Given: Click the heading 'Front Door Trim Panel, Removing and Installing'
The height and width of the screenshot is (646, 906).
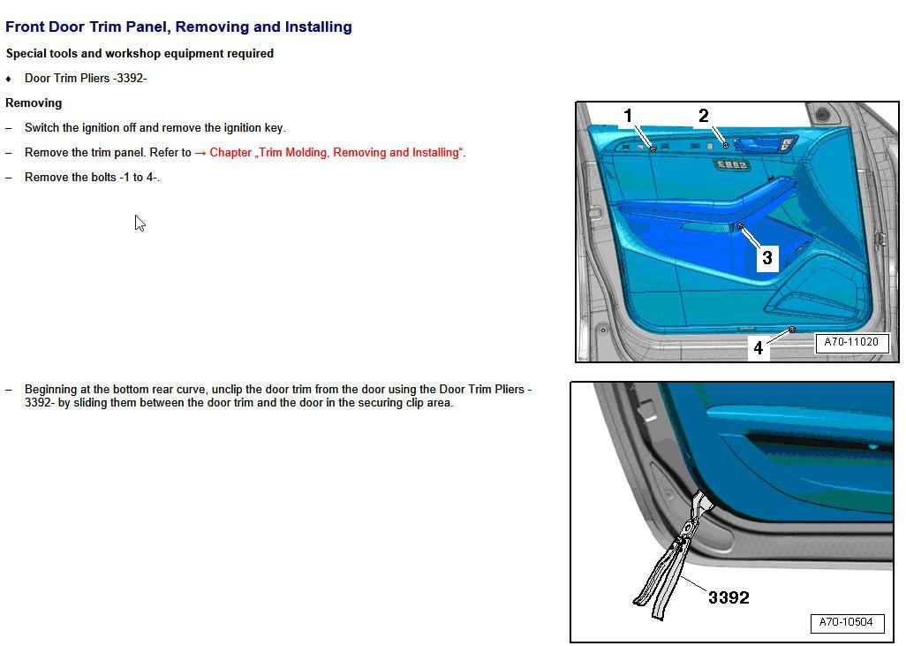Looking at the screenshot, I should [178, 27].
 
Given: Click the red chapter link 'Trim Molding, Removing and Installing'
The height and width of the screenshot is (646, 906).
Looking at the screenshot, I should [336, 153].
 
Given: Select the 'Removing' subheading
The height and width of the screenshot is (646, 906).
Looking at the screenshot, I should [34, 103].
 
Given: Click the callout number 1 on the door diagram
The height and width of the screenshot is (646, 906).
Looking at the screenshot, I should [628, 116].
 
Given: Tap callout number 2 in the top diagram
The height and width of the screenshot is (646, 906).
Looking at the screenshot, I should [703, 116].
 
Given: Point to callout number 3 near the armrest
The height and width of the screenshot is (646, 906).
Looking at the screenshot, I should [766, 257].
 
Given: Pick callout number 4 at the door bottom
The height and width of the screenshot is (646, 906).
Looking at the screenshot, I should [758, 348].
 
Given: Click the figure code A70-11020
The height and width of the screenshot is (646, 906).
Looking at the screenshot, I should [850, 343].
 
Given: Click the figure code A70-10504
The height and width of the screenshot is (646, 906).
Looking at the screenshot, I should [846, 622].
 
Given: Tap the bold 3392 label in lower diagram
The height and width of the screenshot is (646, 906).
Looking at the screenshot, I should [729, 598].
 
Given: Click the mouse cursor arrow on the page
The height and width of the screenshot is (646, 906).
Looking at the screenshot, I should [140, 223].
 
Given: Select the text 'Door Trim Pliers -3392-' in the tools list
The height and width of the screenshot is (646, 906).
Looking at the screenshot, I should [86, 79].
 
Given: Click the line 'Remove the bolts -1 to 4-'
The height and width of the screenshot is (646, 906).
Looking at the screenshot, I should [92, 178].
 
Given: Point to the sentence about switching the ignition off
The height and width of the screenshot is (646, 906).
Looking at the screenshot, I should [155, 128].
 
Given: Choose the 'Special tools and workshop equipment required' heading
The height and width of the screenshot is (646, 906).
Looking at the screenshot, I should [140, 54].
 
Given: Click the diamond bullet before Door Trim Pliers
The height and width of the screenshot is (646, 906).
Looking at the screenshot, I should [9, 79].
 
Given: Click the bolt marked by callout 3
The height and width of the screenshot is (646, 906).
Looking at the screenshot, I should [740, 227].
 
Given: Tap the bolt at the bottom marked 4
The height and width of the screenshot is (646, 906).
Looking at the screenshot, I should [792, 330].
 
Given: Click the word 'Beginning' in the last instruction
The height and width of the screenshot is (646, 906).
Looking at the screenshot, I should [52, 390].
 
